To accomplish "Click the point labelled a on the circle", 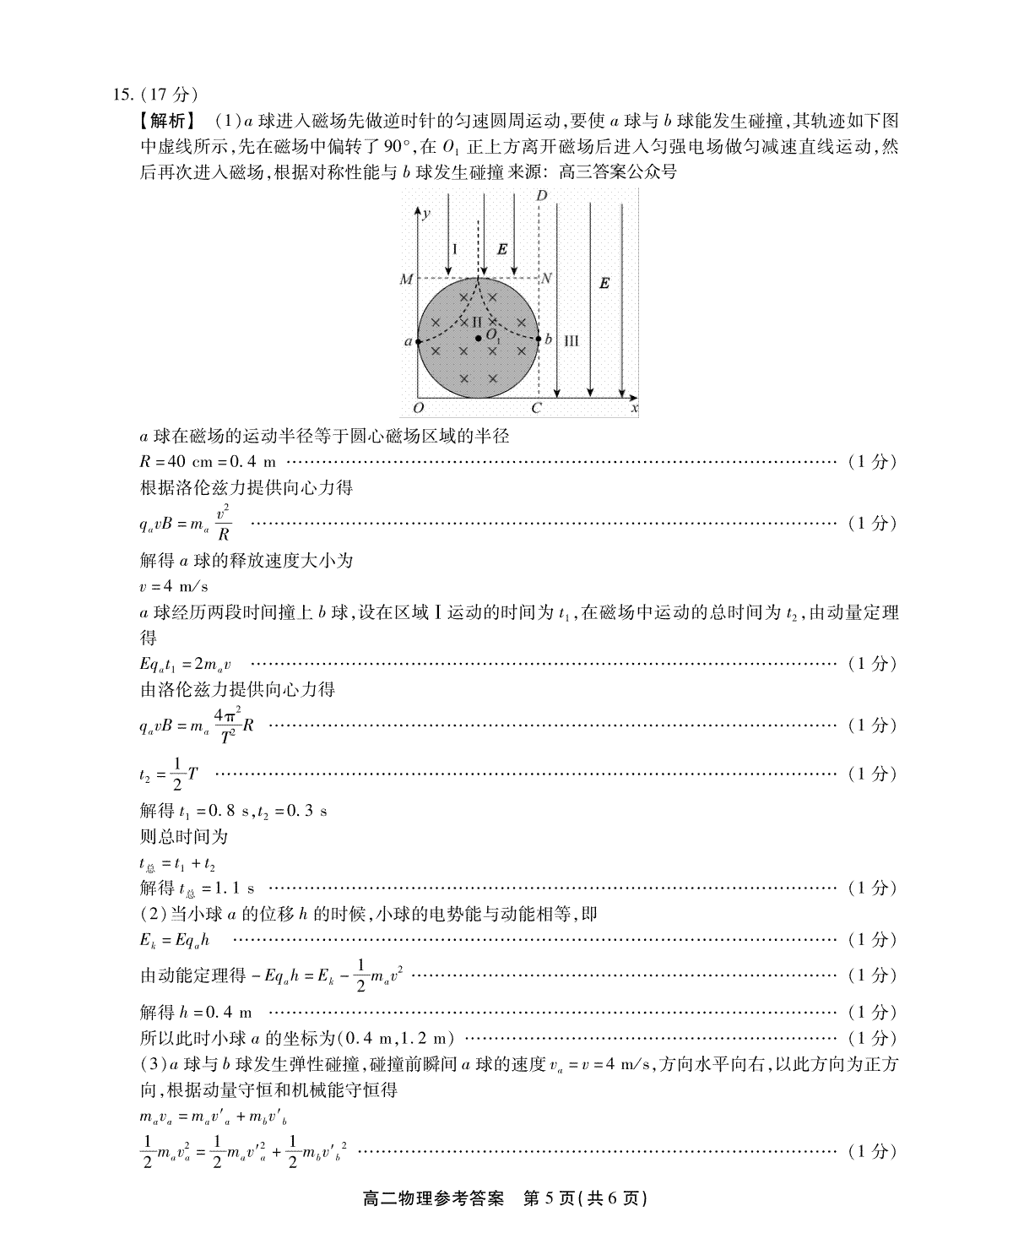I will [x=419, y=340].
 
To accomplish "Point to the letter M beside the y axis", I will [x=406, y=280].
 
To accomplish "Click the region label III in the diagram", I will [x=571, y=340].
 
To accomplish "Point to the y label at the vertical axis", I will [x=427, y=213].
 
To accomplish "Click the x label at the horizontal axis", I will [x=634, y=409].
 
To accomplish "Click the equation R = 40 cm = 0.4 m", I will [x=209, y=462].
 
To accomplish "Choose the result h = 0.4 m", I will [x=195, y=1012].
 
